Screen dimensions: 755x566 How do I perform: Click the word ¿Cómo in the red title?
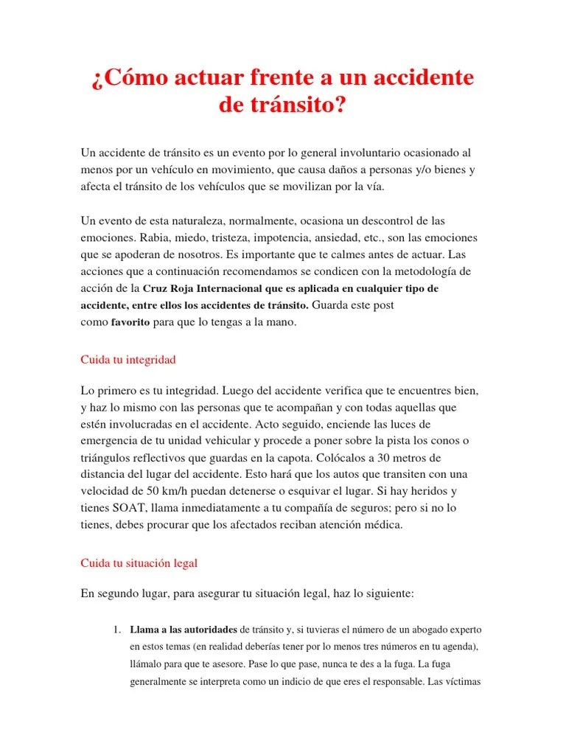pos(128,77)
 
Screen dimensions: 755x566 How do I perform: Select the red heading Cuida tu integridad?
pos(127,360)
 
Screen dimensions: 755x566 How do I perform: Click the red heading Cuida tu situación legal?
pos(139,563)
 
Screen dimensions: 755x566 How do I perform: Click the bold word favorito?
pos(130,322)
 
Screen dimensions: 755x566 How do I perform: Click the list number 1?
pos(116,630)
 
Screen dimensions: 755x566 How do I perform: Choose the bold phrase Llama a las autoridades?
pos(184,630)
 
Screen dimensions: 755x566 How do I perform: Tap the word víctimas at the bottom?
pos(461,681)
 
